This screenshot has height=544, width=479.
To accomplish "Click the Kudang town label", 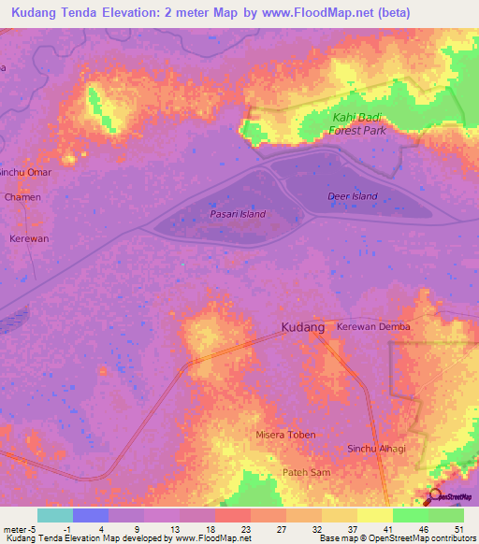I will tap(302, 328).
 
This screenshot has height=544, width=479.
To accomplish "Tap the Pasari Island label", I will tap(237, 214).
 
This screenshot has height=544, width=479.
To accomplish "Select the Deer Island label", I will tap(353, 196).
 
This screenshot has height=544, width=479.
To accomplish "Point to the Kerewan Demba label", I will tap(373, 327).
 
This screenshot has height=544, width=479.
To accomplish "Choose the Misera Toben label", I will tap(285, 435).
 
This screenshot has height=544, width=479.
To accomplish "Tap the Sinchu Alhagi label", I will tap(376, 449).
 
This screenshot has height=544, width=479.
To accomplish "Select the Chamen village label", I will tap(22, 197).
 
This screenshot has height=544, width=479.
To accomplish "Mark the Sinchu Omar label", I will tap(25, 172).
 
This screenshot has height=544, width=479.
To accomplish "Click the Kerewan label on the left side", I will tap(28, 238).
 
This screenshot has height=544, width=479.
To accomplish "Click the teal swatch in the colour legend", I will tap(54, 515).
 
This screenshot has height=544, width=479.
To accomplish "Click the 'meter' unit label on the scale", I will tap(14, 528).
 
